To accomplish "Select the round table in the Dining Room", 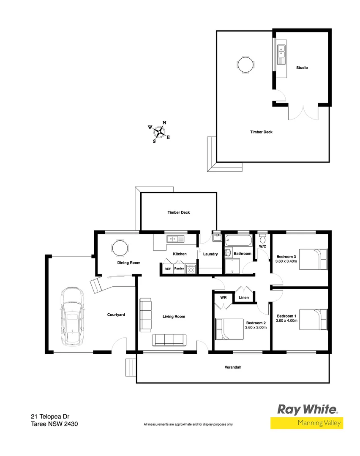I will click(x=119, y=248).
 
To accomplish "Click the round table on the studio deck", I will click(x=246, y=65).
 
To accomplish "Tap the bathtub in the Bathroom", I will click(x=237, y=241).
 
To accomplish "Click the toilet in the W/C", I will click(x=262, y=237).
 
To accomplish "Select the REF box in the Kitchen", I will click(x=167, y=269).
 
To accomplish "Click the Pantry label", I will click(x=179, y=268).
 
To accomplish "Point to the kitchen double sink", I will click(x=175, y=239).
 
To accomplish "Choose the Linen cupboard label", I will click(x=244, y=298).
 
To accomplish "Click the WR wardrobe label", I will click(x=223, y=297).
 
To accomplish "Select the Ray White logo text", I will click(x=307, y=409).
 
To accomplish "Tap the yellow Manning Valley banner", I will click(x=307, y=423).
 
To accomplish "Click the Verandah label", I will click(x=232, y=367).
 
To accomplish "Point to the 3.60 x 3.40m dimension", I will click(x=286, y=261).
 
